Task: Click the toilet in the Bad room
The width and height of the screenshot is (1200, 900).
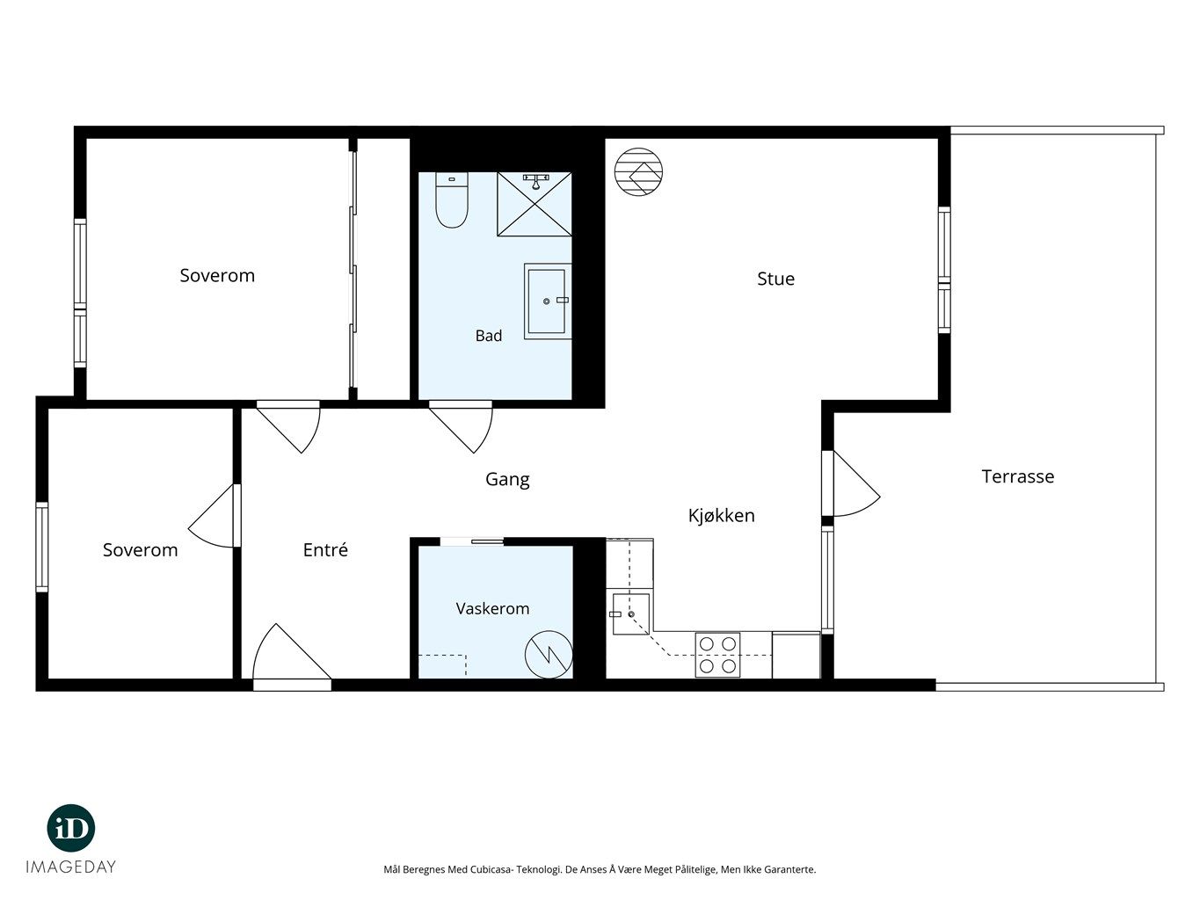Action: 452,200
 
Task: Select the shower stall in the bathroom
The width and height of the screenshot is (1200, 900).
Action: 535,205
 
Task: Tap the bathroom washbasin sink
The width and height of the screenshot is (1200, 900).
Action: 547,301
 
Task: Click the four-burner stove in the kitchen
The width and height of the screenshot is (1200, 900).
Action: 717,655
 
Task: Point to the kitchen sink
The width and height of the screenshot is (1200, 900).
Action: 630,613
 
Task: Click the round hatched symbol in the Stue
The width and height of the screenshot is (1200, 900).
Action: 638,171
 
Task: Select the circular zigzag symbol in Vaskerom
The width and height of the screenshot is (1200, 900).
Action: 549,654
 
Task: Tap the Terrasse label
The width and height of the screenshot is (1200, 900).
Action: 1017,476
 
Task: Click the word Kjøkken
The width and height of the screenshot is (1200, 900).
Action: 721,515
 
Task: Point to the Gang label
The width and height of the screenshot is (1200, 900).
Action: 507,480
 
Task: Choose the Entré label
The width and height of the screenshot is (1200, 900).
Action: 325,549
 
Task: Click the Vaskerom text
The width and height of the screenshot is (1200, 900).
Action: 492,608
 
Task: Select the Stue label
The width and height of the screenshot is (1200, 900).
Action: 775,279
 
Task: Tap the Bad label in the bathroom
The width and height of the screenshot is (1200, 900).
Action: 488,336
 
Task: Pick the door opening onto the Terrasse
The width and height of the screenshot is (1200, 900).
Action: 851,483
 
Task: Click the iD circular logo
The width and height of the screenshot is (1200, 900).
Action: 71,828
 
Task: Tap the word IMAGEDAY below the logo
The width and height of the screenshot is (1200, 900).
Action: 71,867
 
